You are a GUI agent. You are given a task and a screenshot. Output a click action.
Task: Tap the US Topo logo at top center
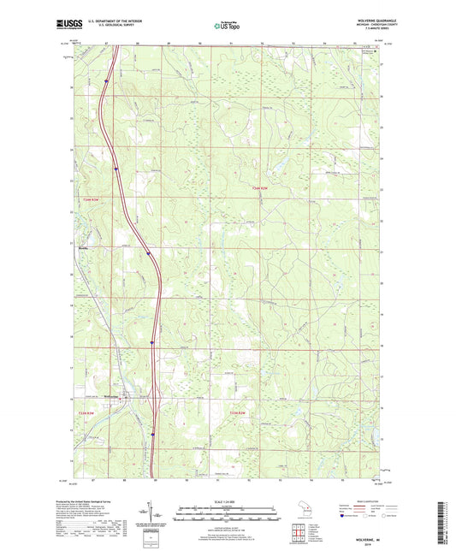coord(228,27)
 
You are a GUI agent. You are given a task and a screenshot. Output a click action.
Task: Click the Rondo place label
coord(83,249)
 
